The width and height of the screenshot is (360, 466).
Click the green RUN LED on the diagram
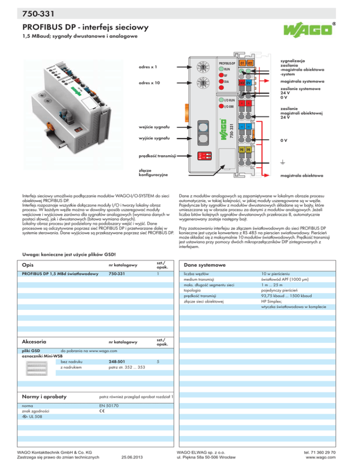pos(220,68)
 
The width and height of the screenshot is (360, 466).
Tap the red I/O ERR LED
pos(220,106)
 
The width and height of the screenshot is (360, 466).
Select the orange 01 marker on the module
pos(242,63)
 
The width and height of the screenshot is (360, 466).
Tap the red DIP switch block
pos(210,156)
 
